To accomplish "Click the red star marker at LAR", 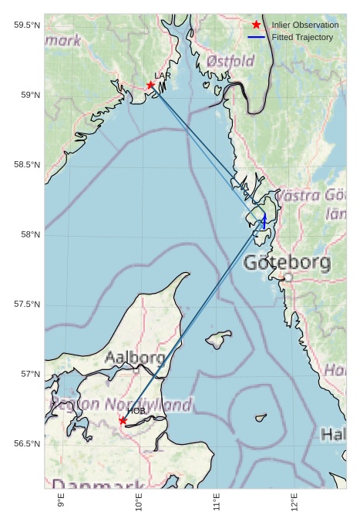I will [x=151, y=85].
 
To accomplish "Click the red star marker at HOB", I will [x=123, y=420].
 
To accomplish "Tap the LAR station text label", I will [x=163, y=76].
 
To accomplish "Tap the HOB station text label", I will [x=136, y=411].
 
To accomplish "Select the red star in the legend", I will [x=256, y=25].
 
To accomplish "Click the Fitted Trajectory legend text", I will [x=302, y=37].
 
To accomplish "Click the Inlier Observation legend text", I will [x=304, y=25].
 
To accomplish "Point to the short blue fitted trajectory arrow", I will [x=264, y=221].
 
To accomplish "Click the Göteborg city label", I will [x=287, y=263].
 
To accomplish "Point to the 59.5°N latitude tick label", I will [x=27, y=25].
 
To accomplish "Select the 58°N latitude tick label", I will [x=30, y=234].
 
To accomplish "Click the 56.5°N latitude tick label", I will [x=27, y=444].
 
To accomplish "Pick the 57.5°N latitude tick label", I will [x=27, y=305].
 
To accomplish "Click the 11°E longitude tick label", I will [x=217, y=506].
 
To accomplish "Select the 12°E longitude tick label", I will [x=294, y=506].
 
